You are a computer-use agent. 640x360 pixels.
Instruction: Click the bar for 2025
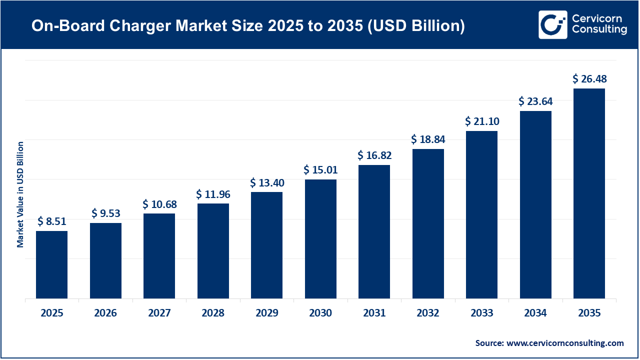pos(51,264)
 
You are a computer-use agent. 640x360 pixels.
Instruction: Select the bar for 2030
pos(320,239)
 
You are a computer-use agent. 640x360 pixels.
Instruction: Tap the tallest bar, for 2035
pos(589,193)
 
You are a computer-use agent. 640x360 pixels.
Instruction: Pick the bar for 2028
pos(213,251)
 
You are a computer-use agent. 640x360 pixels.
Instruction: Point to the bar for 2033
pos(481,214)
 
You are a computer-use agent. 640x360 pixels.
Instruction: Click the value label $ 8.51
pos(52,221)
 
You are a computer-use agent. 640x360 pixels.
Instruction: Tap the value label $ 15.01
pos(320,170)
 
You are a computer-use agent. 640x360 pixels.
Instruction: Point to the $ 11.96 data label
pos(213,194)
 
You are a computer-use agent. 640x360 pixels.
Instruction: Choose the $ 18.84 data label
pos(428,139)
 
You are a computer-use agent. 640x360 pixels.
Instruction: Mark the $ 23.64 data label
pos(535,101)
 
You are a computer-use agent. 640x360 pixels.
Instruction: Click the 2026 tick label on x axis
pos(105,313)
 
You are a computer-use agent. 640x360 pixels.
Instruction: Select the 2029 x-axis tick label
pos(266,313)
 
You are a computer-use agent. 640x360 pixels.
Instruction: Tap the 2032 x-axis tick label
pos(428,313)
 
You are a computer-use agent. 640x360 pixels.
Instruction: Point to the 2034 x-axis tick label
pos(535,313)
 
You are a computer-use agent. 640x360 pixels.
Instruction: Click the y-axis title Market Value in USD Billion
pos(20,194)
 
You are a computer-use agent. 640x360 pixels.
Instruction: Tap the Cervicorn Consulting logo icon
pos(552,24)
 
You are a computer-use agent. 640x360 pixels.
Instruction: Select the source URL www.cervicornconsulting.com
pos(565,343)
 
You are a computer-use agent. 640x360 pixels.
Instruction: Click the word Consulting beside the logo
pos(599,30)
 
